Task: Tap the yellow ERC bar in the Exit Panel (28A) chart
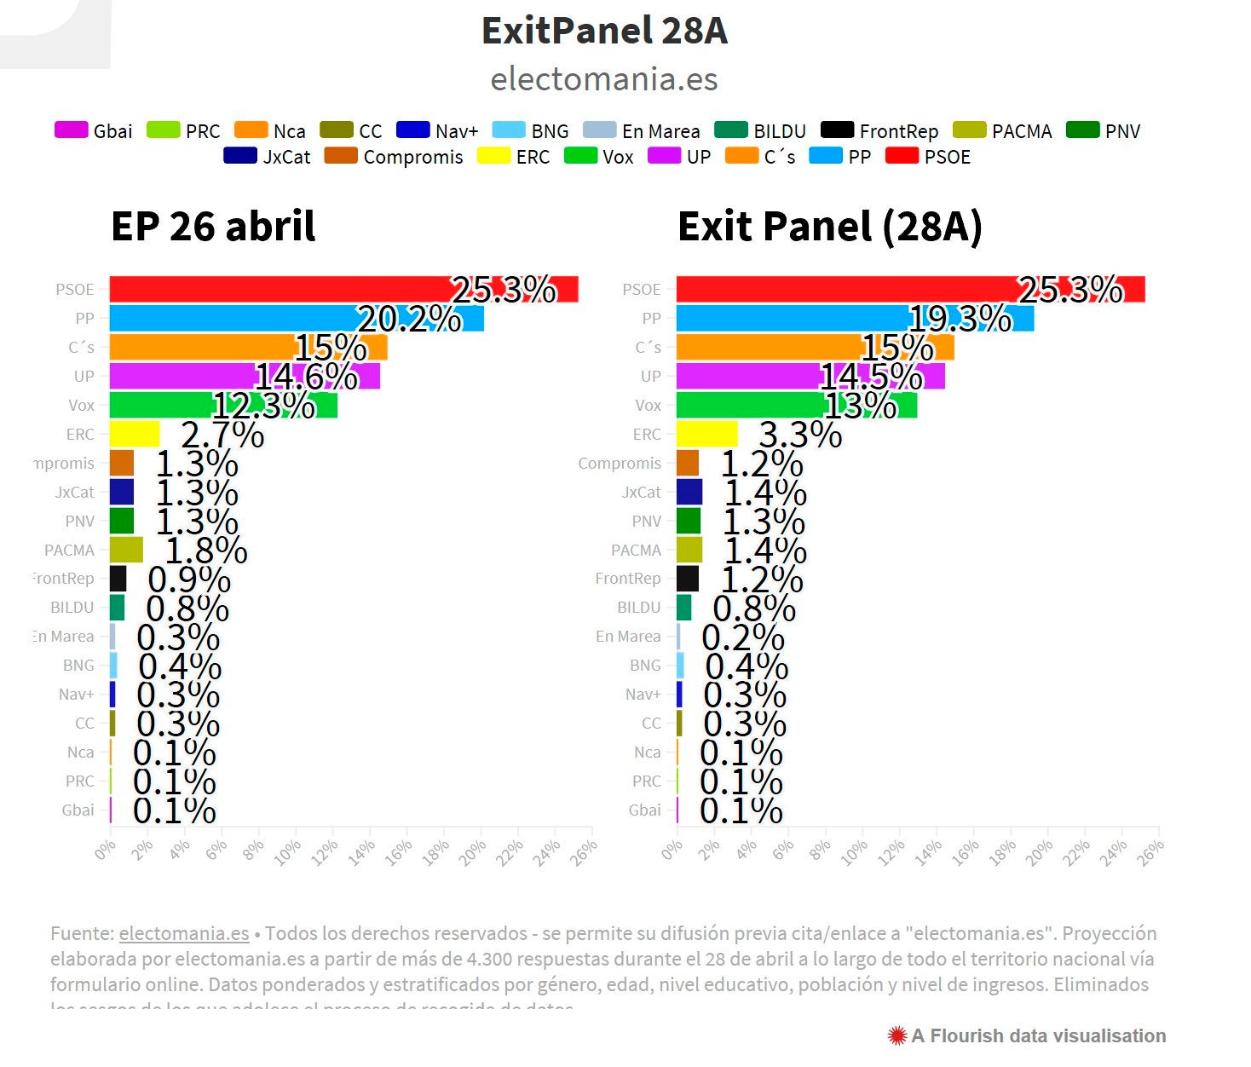(x=706, y=434)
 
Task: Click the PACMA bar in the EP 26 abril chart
(x=126, y=550)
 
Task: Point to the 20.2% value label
(x=409, y=320)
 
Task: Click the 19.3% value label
(x=960, y=320)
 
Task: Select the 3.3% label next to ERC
(x=800, y=435)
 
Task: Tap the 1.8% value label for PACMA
(x=206, y=551)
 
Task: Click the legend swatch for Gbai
(x=71, y=130)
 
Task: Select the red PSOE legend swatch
(x=902, y=156)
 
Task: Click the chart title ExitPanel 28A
(x=604, y=31)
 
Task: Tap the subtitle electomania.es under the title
(x=604, y=79)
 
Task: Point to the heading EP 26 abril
(x=213, y=227)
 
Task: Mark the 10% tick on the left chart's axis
(x=288, y=851)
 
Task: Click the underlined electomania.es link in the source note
(x=184, y=933)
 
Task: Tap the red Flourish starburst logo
(x=896, y=1035)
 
